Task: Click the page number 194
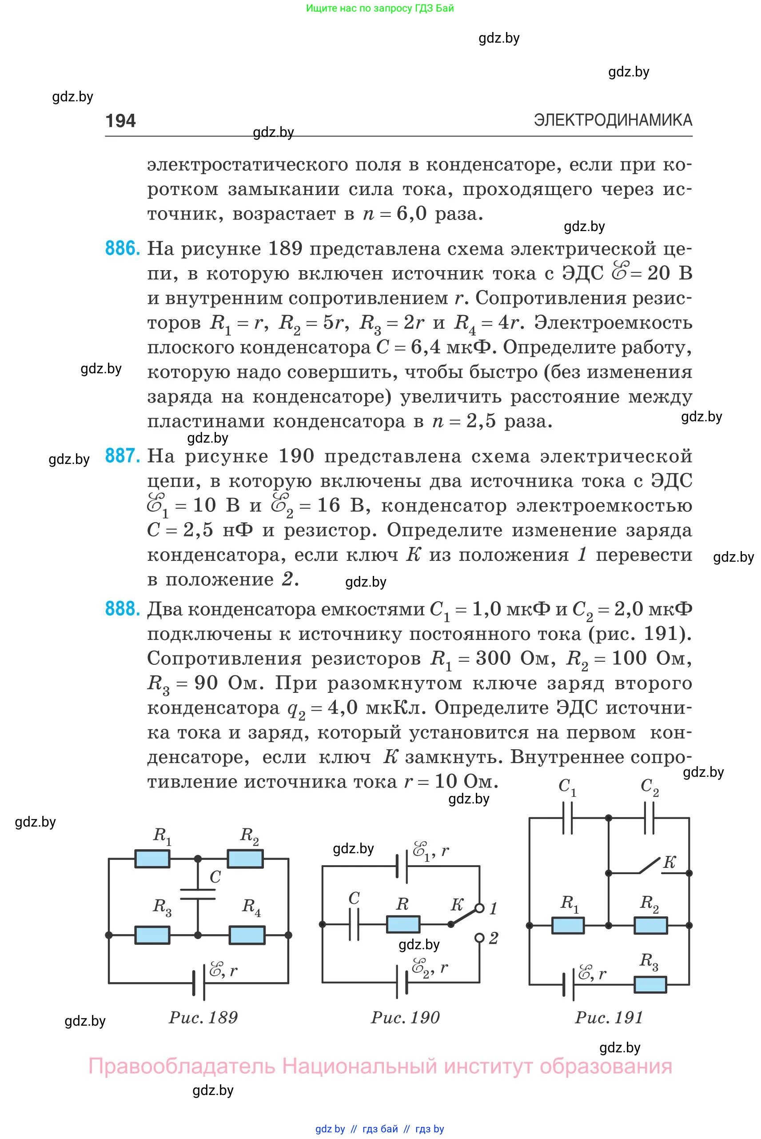pyautogui.click(x=120, y=120)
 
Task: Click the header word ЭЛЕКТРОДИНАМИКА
pyautogui.click(x=613, y=120)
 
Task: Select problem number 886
pyautogui.click(x=122, y=248)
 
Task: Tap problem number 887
pyautogui.click(x=122, y=456)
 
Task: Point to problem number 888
pyautogui.click(x=122, y=608)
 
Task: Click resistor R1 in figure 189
pyautogui.click(x=152, y=859)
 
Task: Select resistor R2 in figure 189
pyautogui.click(x=245, y=859)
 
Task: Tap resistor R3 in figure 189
pyautogui.click(x=152, y=935)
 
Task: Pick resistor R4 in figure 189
pyautogui.click(x=247, y=935)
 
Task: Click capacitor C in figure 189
pyautogui.click(x=198, y=895)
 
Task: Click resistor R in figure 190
pyautogui.click(x=403, y=924)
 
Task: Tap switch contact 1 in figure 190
pyautogui.click(x=479, y=908)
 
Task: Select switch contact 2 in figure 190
pyautogui.click(x=479, y=938)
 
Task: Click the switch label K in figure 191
pyautogui.click(x=669, y=862)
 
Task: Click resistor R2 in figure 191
pyautogui.click(x=650, y=925)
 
